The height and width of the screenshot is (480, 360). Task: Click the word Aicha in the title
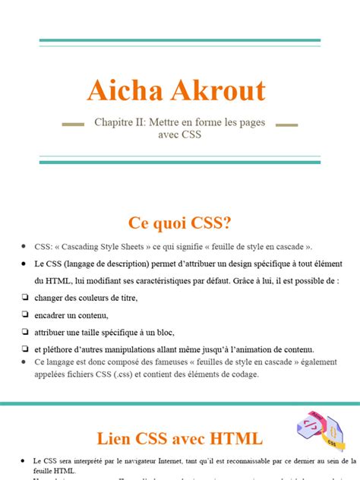(125, 91)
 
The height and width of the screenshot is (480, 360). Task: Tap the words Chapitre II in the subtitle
(118, 122)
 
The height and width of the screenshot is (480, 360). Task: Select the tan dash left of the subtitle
(72, 122)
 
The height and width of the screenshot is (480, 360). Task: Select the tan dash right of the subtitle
(286, 122)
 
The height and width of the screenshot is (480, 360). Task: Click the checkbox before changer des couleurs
(25, 297)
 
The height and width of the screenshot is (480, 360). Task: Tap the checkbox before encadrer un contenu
(25, 314)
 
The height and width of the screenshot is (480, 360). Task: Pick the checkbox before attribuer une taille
(25, 331)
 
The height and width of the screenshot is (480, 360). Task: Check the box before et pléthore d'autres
(25, 348)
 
